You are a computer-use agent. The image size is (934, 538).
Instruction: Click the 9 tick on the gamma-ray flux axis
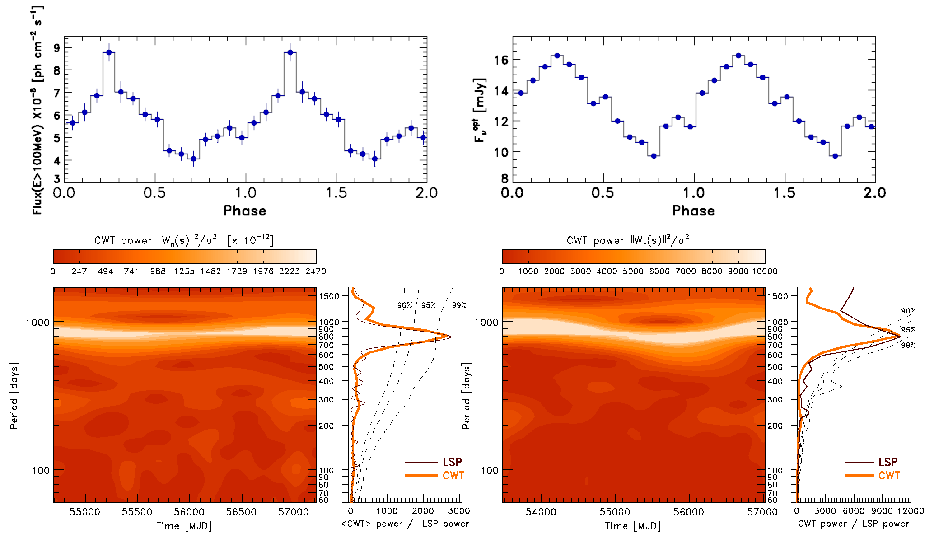[x=57, y=48]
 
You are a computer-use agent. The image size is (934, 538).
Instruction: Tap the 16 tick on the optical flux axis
[x=501, y=60]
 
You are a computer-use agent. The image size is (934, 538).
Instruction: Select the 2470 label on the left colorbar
[x=315, y=271]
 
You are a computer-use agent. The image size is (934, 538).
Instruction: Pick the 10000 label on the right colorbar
[x=764, y=271]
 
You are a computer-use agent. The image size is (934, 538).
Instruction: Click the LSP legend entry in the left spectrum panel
[x=452, y=462]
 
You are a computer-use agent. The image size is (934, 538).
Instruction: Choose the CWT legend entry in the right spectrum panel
[x=889, y=475]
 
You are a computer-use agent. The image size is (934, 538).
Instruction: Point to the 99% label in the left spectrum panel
[x=459, y=305]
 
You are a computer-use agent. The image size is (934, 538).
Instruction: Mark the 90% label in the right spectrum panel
[x=908, y=311]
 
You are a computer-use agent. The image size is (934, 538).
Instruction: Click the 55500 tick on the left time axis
[x=137, y=512]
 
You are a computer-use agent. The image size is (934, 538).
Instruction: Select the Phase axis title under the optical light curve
[x=693, y=211]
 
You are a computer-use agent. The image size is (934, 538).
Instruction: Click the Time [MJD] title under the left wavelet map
[x=184, y=525]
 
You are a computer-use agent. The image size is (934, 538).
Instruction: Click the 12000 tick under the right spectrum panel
[x=911, y=510]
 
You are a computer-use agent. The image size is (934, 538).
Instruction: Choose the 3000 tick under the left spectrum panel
[x=459, y=510]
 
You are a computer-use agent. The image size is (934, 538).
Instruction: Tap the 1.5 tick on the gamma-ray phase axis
[x=336, y=193]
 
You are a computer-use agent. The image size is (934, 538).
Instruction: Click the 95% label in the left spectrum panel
[x=428, y=305]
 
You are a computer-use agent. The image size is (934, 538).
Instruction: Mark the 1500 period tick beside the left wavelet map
[x=329, y=296]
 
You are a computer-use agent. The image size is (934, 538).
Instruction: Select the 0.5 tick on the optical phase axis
[x=602, y=193]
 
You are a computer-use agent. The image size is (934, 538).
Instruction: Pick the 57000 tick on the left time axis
[x=294, y=512]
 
